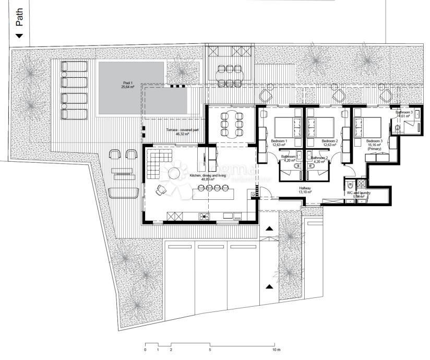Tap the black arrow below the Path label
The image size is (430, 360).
(x=20, y=36)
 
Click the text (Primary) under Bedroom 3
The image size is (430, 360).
(x=374, y=149)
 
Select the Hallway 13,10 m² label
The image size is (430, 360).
(x=305, y=190)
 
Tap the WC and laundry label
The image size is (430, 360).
(x=359, y=193)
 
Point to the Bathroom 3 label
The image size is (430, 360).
(x=404, y=112)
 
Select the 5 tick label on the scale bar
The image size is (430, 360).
(x=210, y=350)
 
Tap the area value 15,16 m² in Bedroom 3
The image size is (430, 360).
(x=374, y=145)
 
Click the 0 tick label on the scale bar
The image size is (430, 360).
(x=145, y=350)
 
